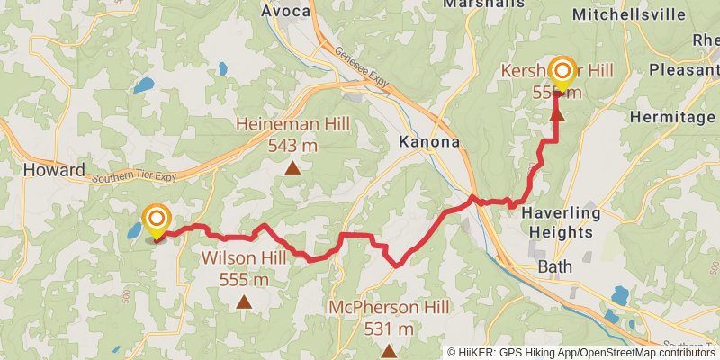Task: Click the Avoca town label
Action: (x=285, y=12)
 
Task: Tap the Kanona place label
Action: (x=429, y=142)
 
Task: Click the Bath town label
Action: (x=554, y=267)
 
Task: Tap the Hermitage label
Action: (x=671, y=117)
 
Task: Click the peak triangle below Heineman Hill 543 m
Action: (x=292, y=166)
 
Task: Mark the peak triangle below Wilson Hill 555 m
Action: (x=243, y=301)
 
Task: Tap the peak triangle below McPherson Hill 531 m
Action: (x=389, y=350)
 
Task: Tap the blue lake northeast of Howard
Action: (x=143, y=86)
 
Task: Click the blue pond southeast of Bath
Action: (x=620, y=295)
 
